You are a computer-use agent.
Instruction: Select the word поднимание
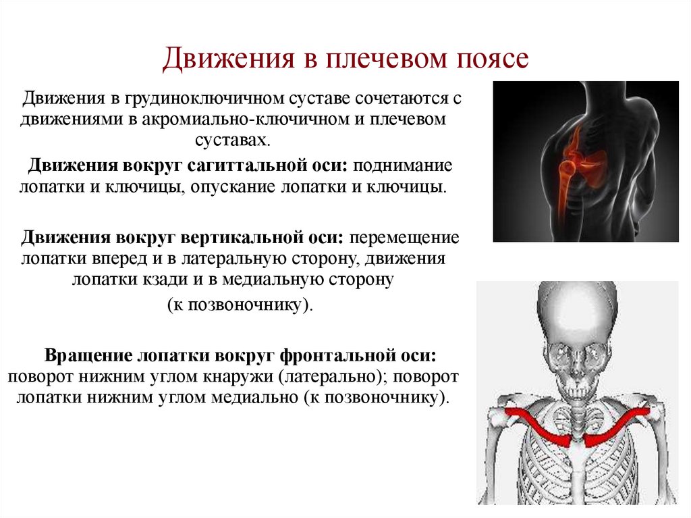[404, 165]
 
